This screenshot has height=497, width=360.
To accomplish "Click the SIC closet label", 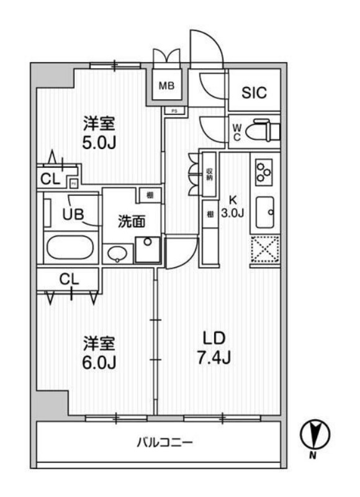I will click(254, 93).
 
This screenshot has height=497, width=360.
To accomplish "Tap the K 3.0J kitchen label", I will click(233, 207).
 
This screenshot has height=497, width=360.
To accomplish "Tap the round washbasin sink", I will click(118, 253).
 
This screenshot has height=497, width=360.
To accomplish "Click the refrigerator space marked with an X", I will click(265, 252).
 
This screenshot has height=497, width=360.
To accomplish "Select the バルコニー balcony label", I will click(164, 442).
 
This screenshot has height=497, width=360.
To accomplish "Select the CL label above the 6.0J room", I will click(70, 279).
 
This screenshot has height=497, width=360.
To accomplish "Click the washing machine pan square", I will click(148, 250).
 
